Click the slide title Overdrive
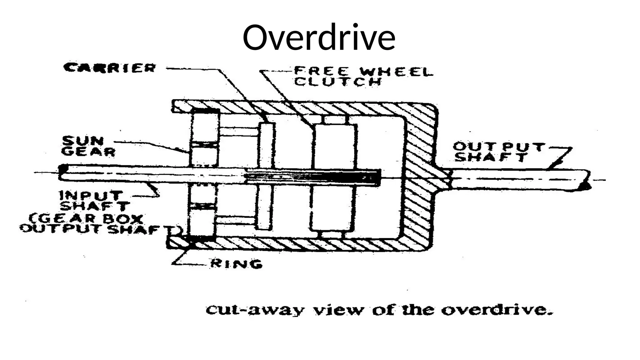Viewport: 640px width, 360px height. click(x=319, y=37)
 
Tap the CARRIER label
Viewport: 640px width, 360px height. click(x=109, y=68)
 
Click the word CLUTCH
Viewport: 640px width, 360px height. click(x=338, y=82)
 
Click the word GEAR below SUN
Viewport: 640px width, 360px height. click(x=88, y=152)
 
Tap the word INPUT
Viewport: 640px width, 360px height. click(x=90, y=196)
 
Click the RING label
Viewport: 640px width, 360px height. click(x=236, y=264)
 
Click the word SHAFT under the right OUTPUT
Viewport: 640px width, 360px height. click(x=490, y=157)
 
